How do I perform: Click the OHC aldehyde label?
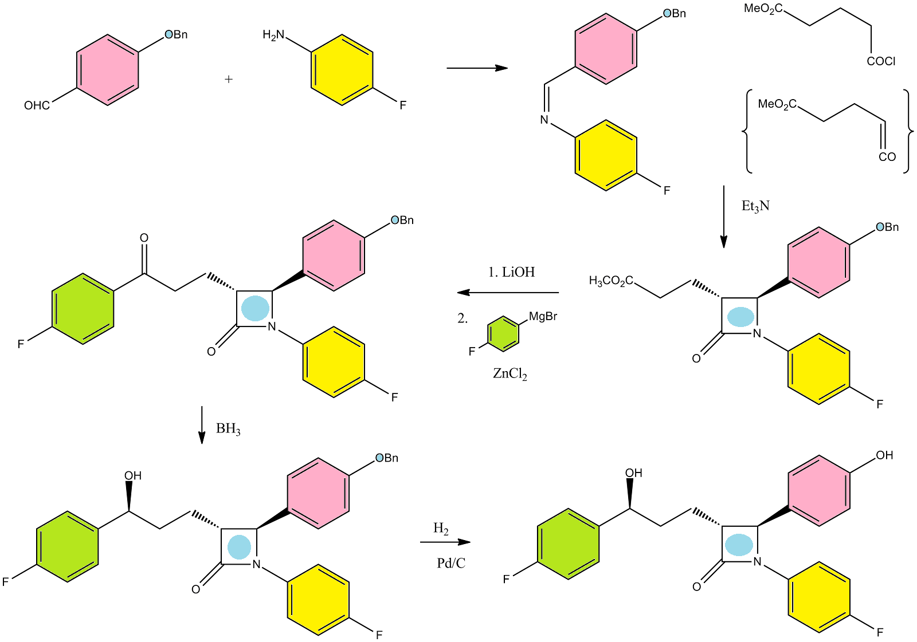37,105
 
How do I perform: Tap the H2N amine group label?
273,36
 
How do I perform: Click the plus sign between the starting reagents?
229,79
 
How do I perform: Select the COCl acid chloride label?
881,61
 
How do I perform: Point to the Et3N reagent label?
755,206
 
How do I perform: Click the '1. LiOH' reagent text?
511,272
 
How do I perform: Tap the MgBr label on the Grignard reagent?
543,316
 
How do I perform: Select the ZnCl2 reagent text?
510,374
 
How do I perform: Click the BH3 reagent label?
228,429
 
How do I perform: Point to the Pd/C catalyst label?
451,564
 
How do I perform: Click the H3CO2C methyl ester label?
611,281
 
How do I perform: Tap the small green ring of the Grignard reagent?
503,333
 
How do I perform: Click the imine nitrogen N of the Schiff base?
544,120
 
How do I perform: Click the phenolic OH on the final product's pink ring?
884,455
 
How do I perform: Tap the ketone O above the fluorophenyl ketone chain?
144,238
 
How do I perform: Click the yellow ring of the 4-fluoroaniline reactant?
342,70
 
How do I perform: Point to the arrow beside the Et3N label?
723,216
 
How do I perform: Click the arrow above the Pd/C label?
445,542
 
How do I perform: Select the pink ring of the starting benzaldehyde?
108,70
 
